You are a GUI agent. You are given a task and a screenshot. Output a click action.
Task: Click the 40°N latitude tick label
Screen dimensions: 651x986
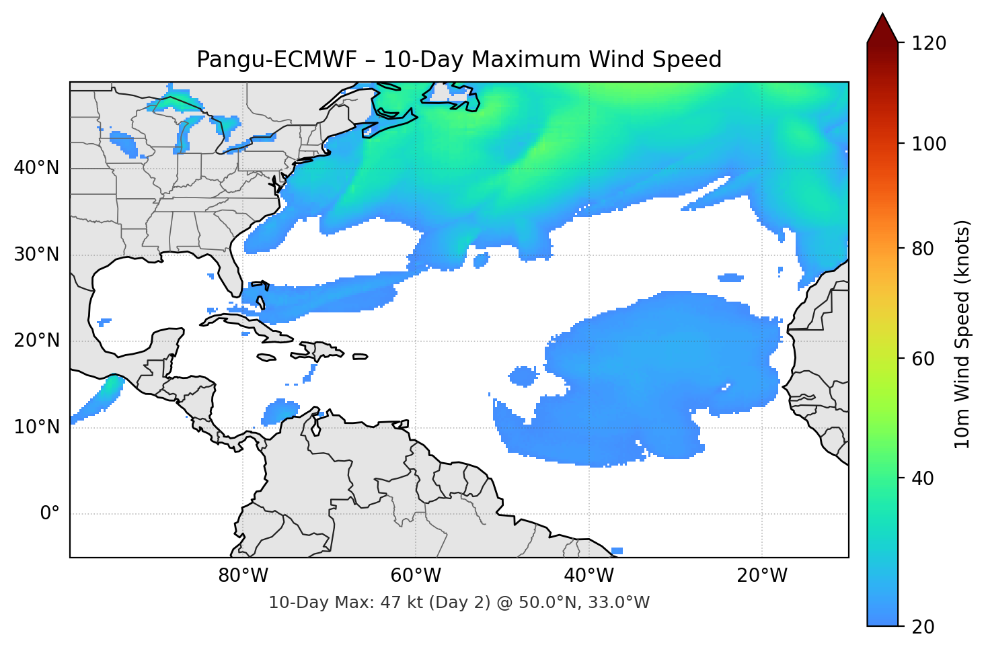point(36,168)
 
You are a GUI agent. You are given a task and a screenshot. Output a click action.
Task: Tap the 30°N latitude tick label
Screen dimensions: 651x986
point(36,255)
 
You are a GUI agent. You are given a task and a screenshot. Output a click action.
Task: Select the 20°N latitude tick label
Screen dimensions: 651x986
point(36,341)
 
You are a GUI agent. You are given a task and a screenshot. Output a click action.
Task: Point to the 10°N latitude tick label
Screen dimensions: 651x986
point(36,427)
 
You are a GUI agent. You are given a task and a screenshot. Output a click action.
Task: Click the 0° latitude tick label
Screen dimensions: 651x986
point(49,514)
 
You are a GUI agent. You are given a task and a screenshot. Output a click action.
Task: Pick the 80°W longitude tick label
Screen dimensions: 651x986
point(243,576)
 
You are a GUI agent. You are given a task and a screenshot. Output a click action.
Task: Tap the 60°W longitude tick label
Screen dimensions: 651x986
point(416,576)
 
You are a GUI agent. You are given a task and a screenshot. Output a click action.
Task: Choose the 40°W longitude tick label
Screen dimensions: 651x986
point(589,576)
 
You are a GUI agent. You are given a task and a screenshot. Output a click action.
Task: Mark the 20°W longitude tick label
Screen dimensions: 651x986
point(761,576)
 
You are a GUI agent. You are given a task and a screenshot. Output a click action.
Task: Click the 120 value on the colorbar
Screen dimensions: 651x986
point(929,44)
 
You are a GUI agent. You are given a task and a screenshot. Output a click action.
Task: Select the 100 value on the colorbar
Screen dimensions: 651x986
point(929,144)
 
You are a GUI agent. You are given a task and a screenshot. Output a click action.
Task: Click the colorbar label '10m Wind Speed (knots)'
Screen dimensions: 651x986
point(962,334)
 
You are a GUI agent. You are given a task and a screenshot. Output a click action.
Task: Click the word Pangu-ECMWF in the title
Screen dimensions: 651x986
point(276,60)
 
